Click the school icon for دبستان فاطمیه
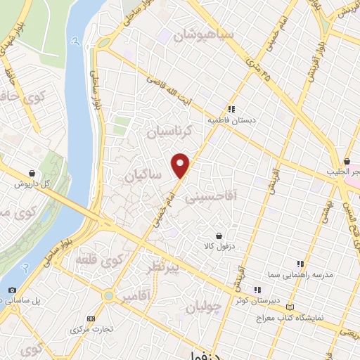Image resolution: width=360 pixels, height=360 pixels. click(231, 108)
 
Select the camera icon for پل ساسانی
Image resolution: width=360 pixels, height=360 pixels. click(12, 290)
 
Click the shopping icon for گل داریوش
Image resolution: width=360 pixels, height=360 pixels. click(32, 172)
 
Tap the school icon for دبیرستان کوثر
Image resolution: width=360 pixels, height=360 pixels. click(258, 289)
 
